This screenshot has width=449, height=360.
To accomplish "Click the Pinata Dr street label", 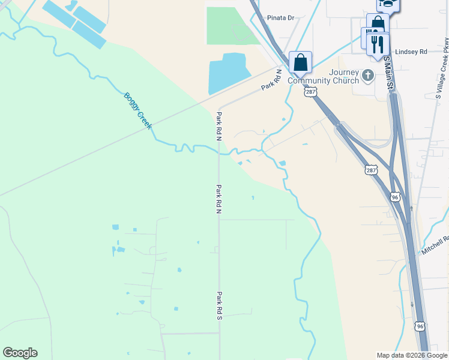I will pos(282,18).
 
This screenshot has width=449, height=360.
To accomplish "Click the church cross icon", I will pos(368,76).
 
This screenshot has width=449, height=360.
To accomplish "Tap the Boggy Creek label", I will pos(138,110).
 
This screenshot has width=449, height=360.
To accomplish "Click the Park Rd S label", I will pos(220,305).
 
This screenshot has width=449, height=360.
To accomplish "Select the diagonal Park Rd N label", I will pos(271,80).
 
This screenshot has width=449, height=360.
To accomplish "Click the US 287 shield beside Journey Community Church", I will pos(310,92).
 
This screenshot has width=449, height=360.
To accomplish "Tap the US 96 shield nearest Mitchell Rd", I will pos(394,197).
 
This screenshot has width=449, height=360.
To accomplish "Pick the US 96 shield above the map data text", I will pos(420,326).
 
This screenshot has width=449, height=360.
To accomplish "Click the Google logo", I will pos(20,353).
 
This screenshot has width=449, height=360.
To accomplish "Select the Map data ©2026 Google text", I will pos(412,355).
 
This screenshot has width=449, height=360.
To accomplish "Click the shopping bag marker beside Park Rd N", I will pos(300,62).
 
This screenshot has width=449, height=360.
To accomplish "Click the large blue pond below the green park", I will pos(228,73).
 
